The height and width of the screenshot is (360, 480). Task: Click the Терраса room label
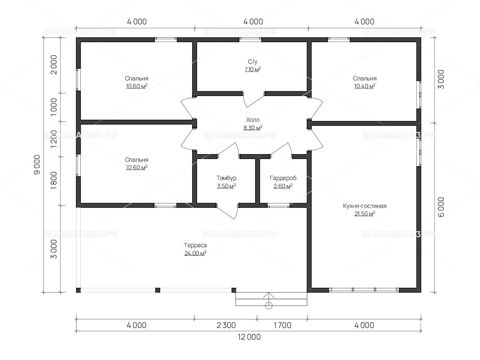coord(195,245)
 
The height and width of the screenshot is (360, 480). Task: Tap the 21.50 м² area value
coord(364,214)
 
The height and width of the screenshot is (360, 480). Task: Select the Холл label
coord(253,120)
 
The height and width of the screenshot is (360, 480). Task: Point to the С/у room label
coord(253,61)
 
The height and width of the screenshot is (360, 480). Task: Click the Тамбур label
coord(226,178)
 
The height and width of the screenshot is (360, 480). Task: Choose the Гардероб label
coord(283,178)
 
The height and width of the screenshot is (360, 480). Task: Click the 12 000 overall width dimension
coord(249,337)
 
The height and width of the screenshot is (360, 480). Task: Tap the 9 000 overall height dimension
coord(37,165)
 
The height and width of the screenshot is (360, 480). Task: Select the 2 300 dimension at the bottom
coord(226,325)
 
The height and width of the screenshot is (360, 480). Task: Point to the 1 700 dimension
coord(283,325)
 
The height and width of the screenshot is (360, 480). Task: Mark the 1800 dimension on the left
coord(54,181)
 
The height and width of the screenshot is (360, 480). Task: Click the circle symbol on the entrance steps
coord(269,305)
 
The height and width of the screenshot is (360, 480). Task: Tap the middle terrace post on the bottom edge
coord(158,290)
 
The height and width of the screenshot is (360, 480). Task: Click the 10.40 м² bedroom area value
coord(364,86)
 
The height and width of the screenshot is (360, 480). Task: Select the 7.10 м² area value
coord(253,70)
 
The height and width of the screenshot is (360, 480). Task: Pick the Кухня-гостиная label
coord(364,206)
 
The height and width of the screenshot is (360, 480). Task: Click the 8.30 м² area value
coord(253,128)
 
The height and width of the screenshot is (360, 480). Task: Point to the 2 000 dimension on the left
coord(54,65)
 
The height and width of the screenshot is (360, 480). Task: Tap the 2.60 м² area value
coord(283,186)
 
